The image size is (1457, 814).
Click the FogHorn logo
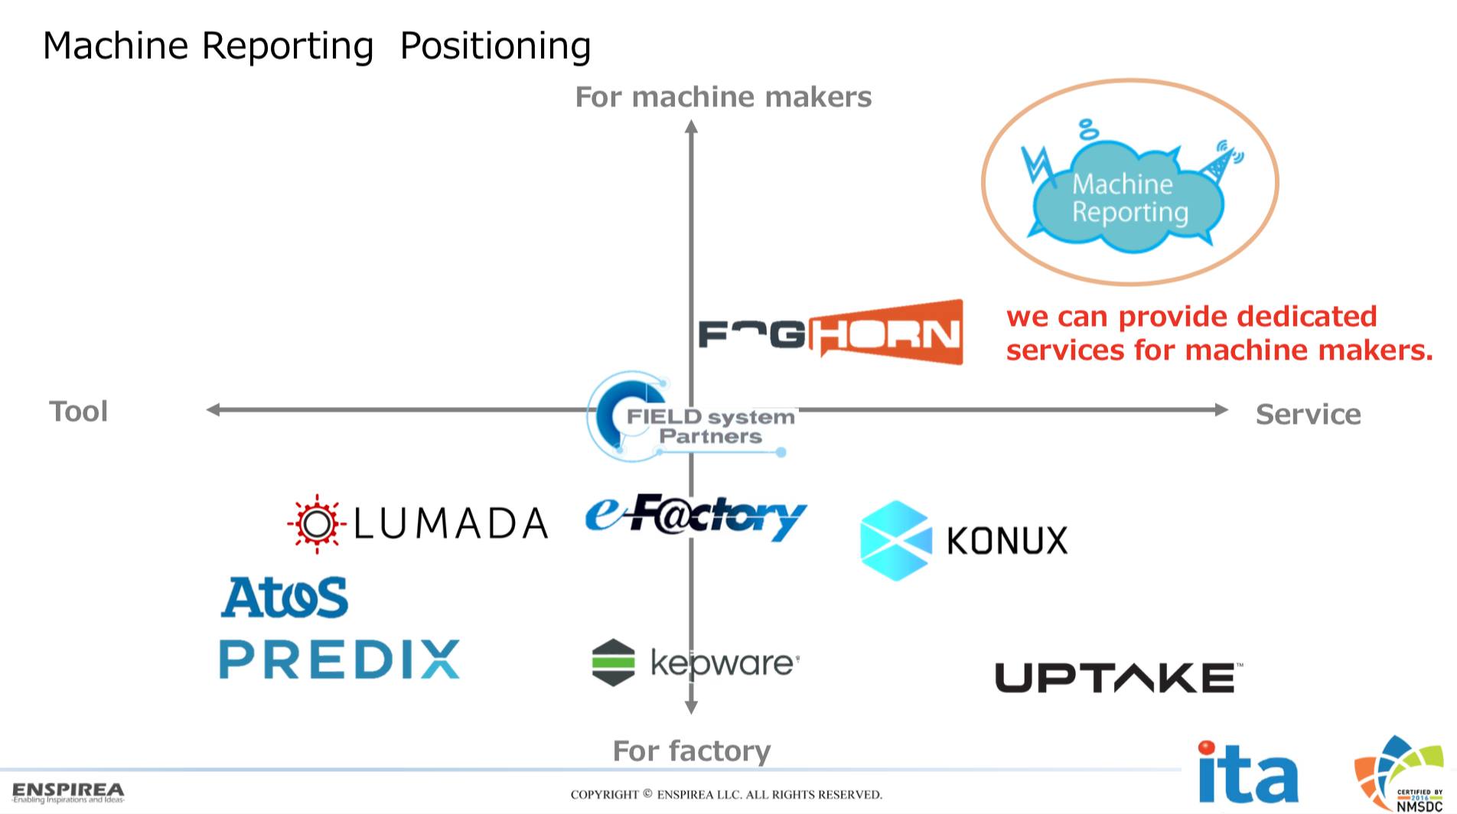tap(830, 334)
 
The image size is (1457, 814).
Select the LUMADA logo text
tap(451, 524)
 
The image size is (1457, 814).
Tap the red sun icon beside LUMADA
tap(317, 524)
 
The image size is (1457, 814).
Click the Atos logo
tap(285, 597)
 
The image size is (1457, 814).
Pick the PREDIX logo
tap(340, 659)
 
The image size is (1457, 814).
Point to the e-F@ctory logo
tap(696, 517)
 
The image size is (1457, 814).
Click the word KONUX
tap(1007, 541)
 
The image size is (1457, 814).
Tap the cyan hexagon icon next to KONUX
tap(895, 540)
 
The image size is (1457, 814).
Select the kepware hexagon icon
tap(614, 663)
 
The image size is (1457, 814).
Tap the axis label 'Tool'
tap(79, 412)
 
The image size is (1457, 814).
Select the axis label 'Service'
tap(1308, 415)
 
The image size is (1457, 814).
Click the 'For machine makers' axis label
tap(723, 97)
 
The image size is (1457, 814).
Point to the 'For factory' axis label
tap(692, 751)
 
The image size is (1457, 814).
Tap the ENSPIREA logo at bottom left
tap(68, 792)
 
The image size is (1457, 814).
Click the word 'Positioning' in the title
tap(495, 46)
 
